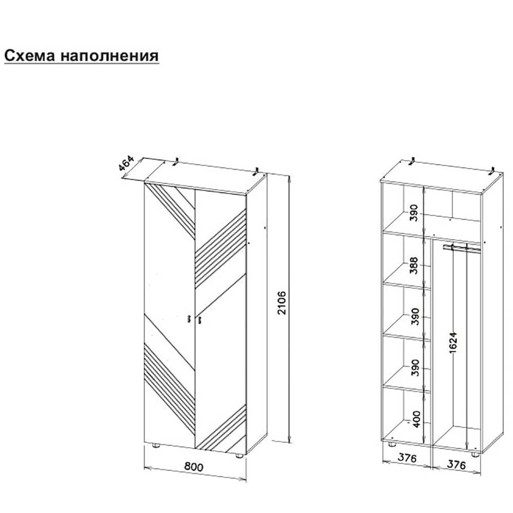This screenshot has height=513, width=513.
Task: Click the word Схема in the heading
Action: [30, 55]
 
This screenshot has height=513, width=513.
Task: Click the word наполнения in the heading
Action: [110, 55]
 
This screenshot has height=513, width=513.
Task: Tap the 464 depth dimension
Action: [126, 164]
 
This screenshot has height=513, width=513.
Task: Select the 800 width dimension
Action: [194, 466]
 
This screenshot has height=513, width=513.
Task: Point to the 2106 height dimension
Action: [282, 303]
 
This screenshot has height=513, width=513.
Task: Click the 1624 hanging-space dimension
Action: [453, 343]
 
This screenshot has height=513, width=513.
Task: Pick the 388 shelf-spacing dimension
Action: [414, 265]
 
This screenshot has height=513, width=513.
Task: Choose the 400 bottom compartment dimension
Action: [416, 419]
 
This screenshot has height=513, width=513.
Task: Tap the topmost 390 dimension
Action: [414, 213]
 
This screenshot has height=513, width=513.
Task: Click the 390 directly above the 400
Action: [415, 367]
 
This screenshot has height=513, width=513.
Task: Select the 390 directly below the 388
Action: [415, 316]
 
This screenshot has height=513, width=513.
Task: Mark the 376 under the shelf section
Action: [407, 458]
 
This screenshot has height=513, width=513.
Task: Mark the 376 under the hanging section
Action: [456, 464]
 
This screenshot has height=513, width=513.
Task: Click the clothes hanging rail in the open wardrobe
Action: [462, 247]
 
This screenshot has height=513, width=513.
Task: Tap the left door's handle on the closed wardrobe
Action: [189, 319]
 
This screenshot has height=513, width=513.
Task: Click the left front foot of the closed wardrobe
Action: [156, 445]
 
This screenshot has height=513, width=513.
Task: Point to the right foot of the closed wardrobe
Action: [240, 455]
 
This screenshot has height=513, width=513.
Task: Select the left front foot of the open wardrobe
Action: [391, 445]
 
